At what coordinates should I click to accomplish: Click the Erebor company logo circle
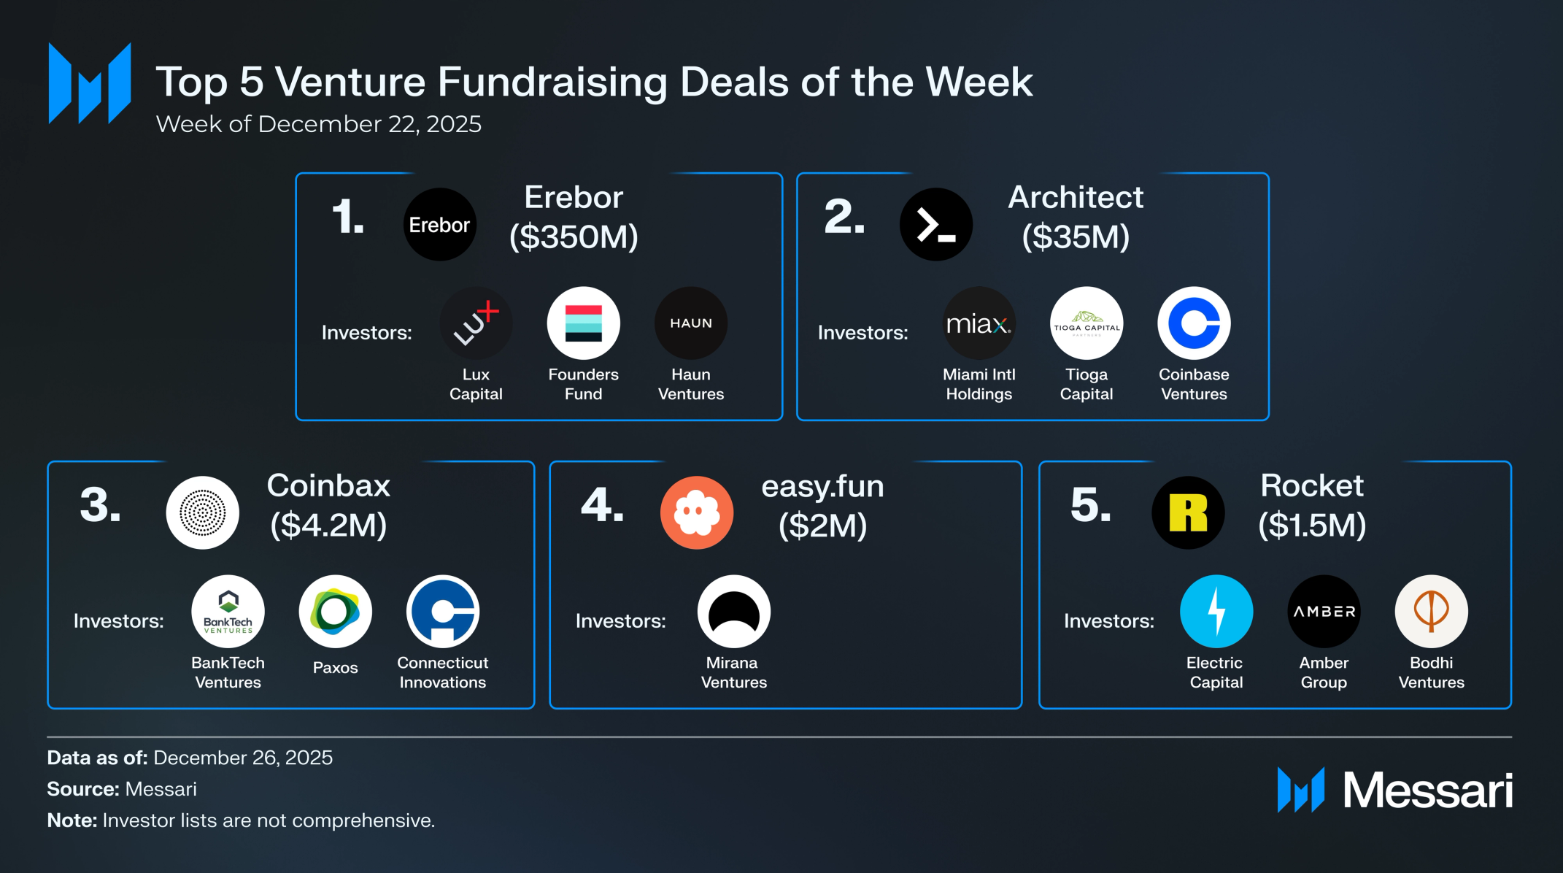pos(439,224)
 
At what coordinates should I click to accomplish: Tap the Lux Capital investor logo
pos(476,323)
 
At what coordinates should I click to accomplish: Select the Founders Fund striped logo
pos(583,323)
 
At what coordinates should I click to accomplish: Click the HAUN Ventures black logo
pos(690,323)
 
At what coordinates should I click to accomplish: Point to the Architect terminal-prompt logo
pos(935,224)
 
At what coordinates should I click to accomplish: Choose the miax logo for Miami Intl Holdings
pos(979,323)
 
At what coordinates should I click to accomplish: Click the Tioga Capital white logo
pos(1086,323)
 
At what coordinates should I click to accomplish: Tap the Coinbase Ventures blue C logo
pos(1194,323)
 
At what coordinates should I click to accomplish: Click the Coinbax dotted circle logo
pos(202,512)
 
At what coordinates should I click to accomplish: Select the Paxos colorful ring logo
pos(335,612)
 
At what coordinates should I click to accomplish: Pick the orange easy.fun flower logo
pos(696,512)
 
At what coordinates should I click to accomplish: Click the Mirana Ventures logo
pos(733,612)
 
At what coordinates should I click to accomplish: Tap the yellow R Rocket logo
pos(1187,512)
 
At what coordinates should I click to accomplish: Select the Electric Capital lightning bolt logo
pos(1216,612)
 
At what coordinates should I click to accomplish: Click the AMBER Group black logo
pos(1324,612)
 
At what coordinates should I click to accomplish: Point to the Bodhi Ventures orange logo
pos(1431,612)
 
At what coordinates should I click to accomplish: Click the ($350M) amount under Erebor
pos(574,236)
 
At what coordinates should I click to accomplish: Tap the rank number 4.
pos(601,505)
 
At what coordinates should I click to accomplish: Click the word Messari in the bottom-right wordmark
pos(1427,791)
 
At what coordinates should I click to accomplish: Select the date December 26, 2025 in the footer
pos(243,758)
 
